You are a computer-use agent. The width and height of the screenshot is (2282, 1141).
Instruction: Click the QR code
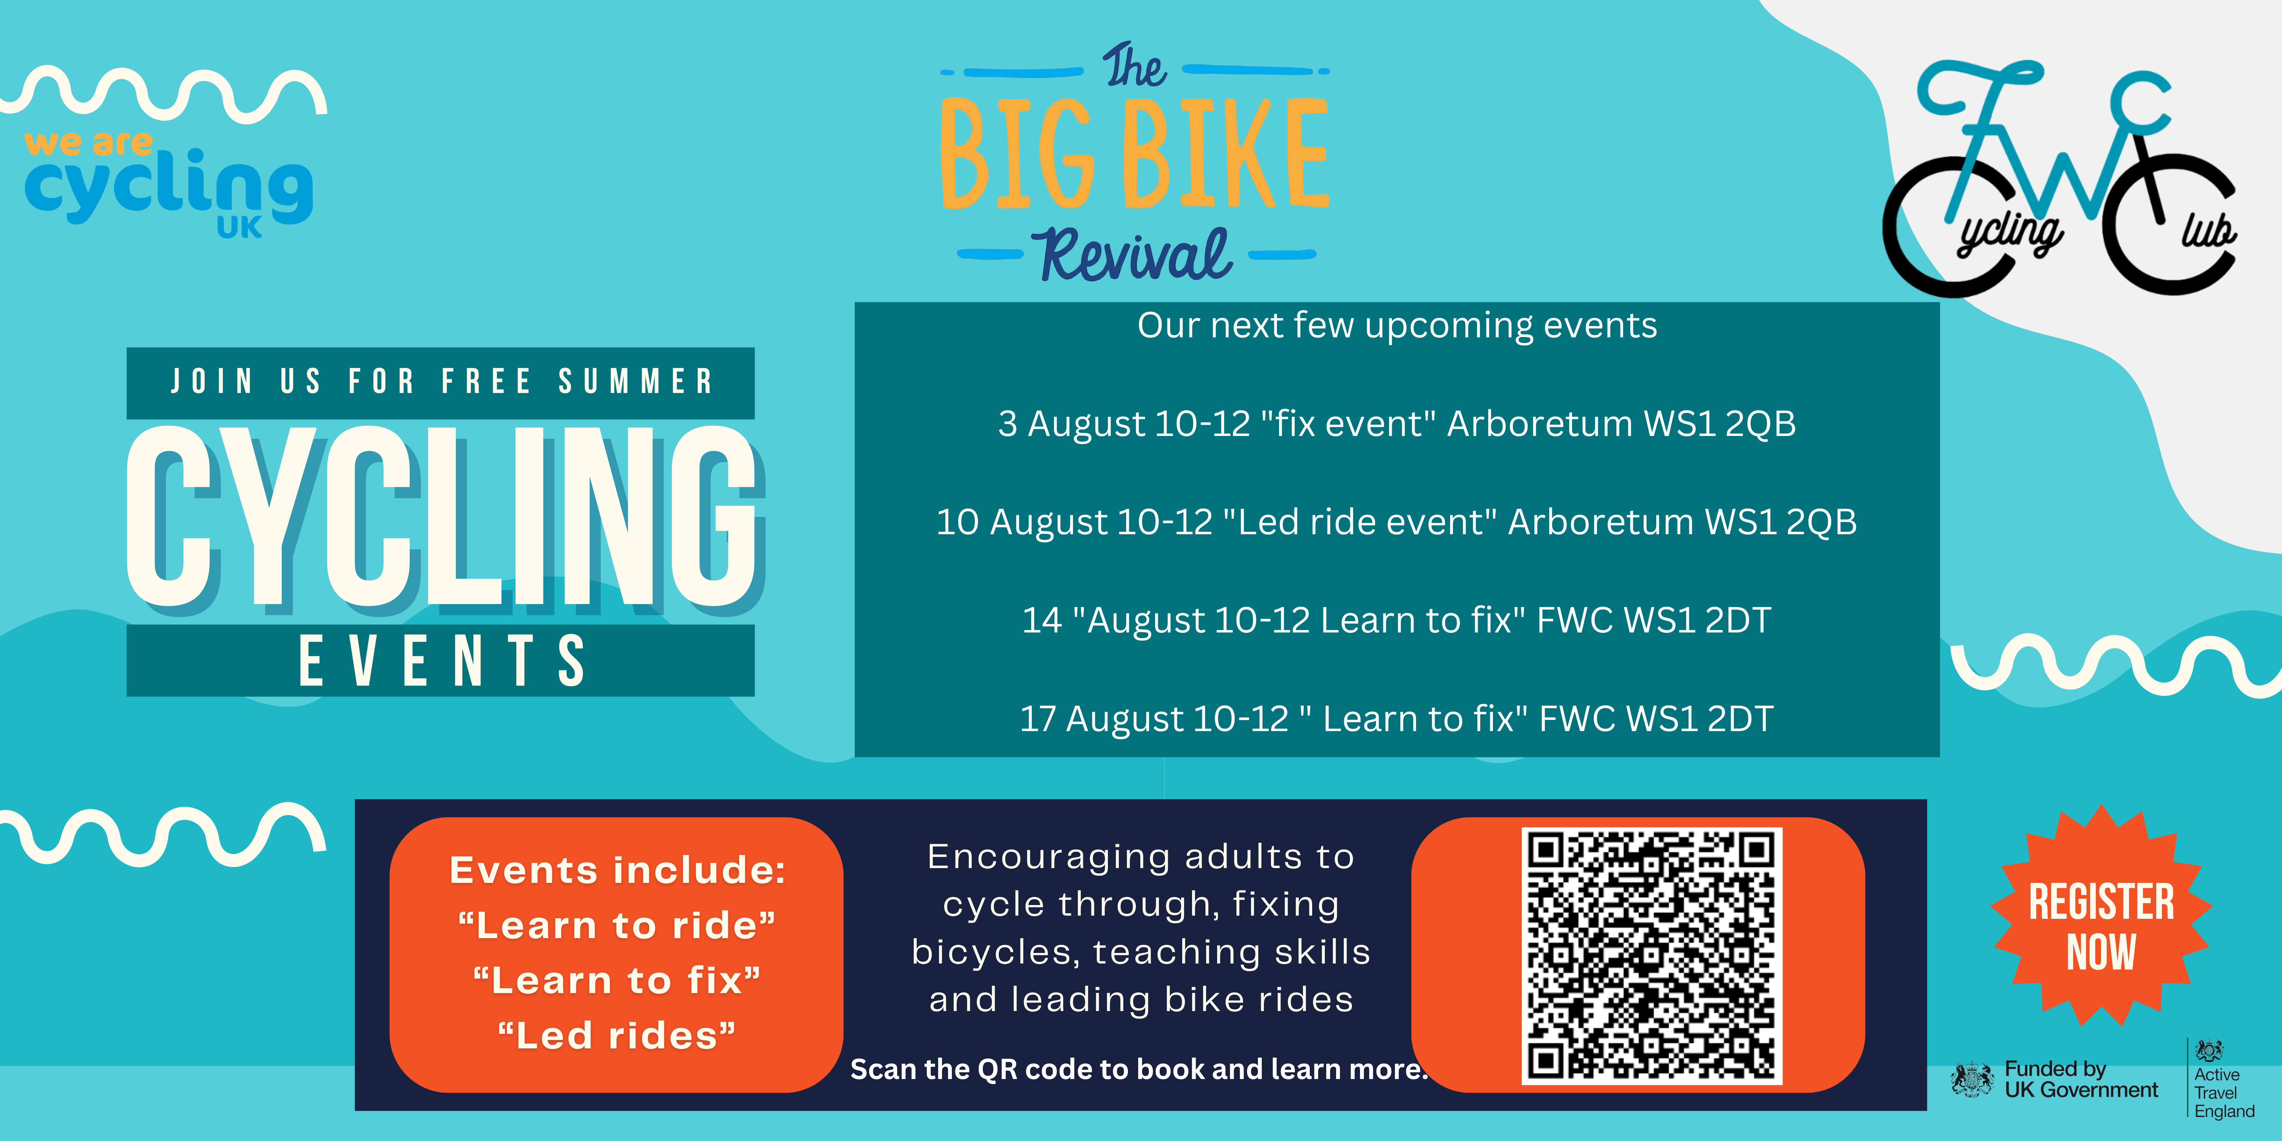coord(1651,955)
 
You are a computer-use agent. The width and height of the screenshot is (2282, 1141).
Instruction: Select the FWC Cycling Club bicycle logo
coord(2060,177)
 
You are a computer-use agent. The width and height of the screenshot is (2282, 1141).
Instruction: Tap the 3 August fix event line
coord(1397,423)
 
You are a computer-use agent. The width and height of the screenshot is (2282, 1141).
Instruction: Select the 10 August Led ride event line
coord(1397,522)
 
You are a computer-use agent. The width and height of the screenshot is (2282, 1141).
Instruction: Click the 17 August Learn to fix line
coord(1397,718)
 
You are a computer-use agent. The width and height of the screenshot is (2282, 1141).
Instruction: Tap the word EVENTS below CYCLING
coord(441,661)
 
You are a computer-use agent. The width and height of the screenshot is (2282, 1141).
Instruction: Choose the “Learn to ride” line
coord(617,926)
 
